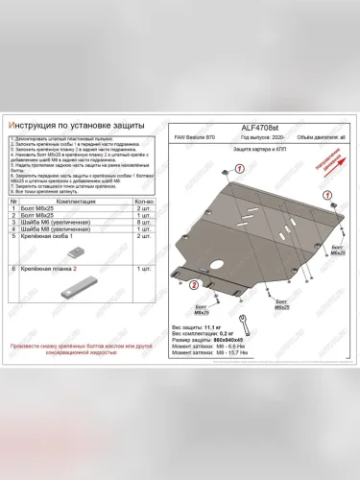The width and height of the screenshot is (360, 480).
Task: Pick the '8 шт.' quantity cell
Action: click(x=146, y=223)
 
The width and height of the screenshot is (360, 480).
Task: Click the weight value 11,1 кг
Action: click(x=229, y=327)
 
